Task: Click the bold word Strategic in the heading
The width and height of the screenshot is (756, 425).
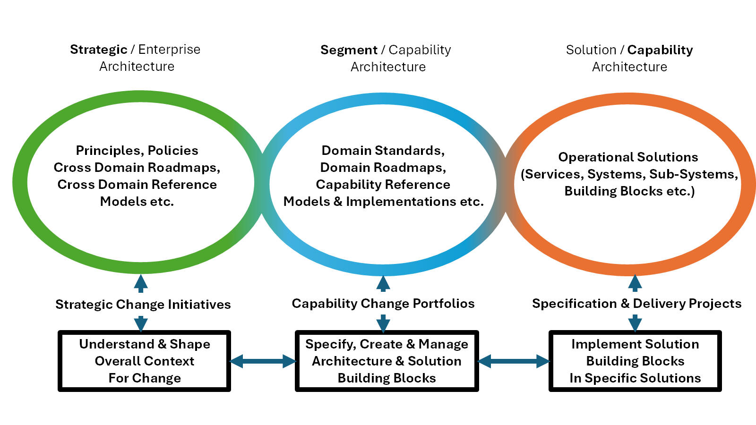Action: point(99,50)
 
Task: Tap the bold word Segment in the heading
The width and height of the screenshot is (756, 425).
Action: point(349,50)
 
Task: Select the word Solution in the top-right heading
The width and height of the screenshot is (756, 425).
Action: point(591,50)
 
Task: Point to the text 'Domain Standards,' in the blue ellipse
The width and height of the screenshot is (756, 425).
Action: point(383,151)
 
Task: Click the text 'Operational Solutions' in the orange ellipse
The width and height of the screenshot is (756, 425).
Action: point(628,157)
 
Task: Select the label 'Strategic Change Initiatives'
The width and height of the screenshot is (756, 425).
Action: point(143,304)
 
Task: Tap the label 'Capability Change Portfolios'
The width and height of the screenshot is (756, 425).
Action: point(383,304)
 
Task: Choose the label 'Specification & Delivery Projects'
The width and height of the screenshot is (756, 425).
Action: point(637,304)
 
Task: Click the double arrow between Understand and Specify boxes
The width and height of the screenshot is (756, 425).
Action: point(263,361)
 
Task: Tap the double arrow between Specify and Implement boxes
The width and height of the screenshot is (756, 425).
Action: point(514,361)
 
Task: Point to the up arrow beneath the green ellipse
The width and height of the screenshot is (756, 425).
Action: point(141,283)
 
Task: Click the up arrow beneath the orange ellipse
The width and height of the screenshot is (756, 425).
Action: point(635,283)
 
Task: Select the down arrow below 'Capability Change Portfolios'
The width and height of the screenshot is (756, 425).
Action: point(383,323)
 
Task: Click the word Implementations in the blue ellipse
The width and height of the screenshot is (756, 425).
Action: point(401,202)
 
